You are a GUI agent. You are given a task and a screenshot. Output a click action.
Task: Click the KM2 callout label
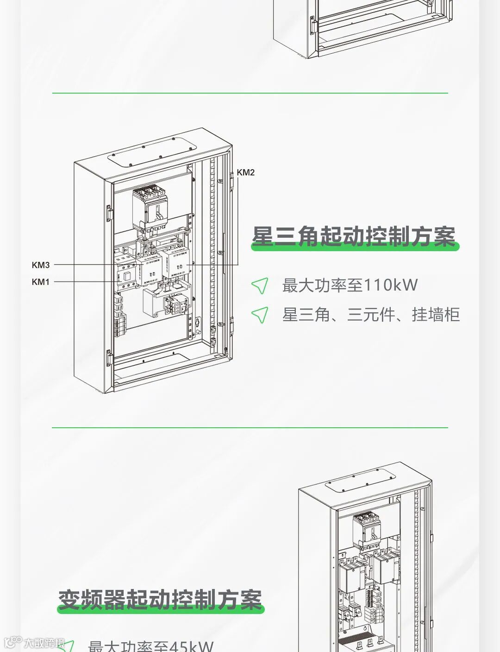(x=245, y=172)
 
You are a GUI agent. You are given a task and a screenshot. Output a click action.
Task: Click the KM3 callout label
(x=41, y=265)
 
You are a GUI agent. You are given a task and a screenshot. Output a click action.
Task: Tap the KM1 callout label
(x=41, y=282)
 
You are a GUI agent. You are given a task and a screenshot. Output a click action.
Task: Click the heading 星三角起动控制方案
(x=354, y=237)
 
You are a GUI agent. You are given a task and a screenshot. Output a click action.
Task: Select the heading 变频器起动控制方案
(x=160, y=600)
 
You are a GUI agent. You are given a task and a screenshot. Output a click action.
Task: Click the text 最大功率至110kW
(x=350, y=285)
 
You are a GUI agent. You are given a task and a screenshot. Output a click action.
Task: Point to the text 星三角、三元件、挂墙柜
(x=371, y=315)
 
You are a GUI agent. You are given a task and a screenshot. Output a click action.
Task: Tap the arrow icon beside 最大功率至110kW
(x=260, y=286)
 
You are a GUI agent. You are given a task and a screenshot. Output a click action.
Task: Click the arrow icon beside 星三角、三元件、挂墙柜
(x=260, y=315)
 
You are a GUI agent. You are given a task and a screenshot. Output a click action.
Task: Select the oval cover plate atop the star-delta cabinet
(x=152, y=152)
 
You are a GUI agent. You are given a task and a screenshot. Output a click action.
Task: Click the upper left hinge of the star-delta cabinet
(x=110, y=213)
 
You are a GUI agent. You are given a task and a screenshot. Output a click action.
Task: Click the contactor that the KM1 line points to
(x=125, y=273)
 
